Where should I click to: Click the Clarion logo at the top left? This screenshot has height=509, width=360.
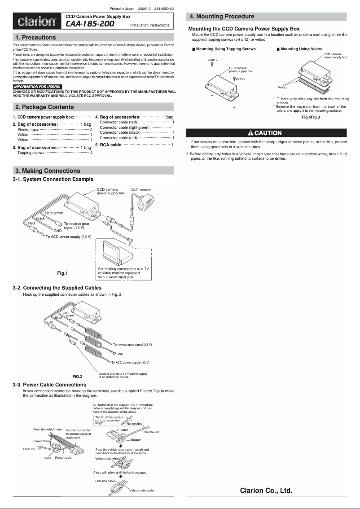pos(37,22)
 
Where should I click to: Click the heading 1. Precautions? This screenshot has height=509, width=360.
pos(35,37)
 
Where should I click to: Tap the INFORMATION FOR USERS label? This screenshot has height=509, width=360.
pos(37,86)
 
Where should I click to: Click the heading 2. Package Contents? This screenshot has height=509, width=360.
pos(44,107)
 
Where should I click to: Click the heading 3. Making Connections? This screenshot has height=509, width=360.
pos(48,171)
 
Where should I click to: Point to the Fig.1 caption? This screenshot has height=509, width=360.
pos(62,273)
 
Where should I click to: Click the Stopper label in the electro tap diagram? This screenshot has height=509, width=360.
pos(135,440)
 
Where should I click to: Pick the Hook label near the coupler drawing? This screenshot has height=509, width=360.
pos(47,458)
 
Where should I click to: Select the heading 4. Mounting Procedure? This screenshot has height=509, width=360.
pos(222,17)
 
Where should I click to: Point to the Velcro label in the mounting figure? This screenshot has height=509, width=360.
pos(282,87)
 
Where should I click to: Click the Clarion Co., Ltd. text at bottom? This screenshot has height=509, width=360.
pos(266,491)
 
